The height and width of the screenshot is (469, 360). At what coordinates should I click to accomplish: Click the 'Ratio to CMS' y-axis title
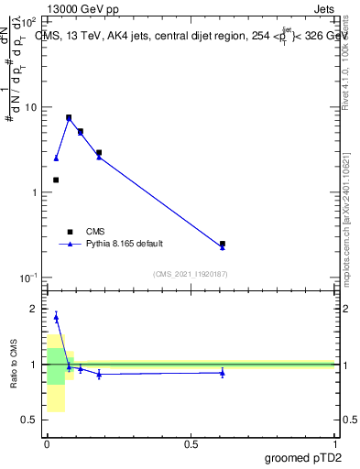pos(14,365)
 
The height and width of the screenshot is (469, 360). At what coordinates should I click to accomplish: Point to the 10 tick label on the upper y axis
pos(31,107)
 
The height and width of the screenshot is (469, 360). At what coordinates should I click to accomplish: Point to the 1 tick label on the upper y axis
pos(34,192)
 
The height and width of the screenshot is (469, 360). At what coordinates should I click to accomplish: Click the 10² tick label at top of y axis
pos(29,22)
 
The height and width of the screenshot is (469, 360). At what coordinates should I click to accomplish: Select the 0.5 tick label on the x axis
pos(191,442)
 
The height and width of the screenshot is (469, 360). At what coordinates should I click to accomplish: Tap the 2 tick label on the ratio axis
pos(34,310)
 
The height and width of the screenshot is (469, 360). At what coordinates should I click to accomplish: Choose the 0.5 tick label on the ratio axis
pos(29,420)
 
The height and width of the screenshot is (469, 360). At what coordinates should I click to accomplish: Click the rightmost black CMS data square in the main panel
pos(223,244)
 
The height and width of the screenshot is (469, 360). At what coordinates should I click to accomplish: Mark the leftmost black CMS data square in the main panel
pos(56,180)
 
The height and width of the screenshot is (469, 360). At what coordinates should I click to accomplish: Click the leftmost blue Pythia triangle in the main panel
pos(56,158)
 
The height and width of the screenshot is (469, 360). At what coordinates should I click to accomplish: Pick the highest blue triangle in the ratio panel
pos(56,317)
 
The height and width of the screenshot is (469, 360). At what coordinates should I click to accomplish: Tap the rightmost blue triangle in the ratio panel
pos(223,373)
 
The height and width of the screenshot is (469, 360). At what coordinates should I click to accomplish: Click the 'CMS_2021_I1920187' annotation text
pos(190,274)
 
